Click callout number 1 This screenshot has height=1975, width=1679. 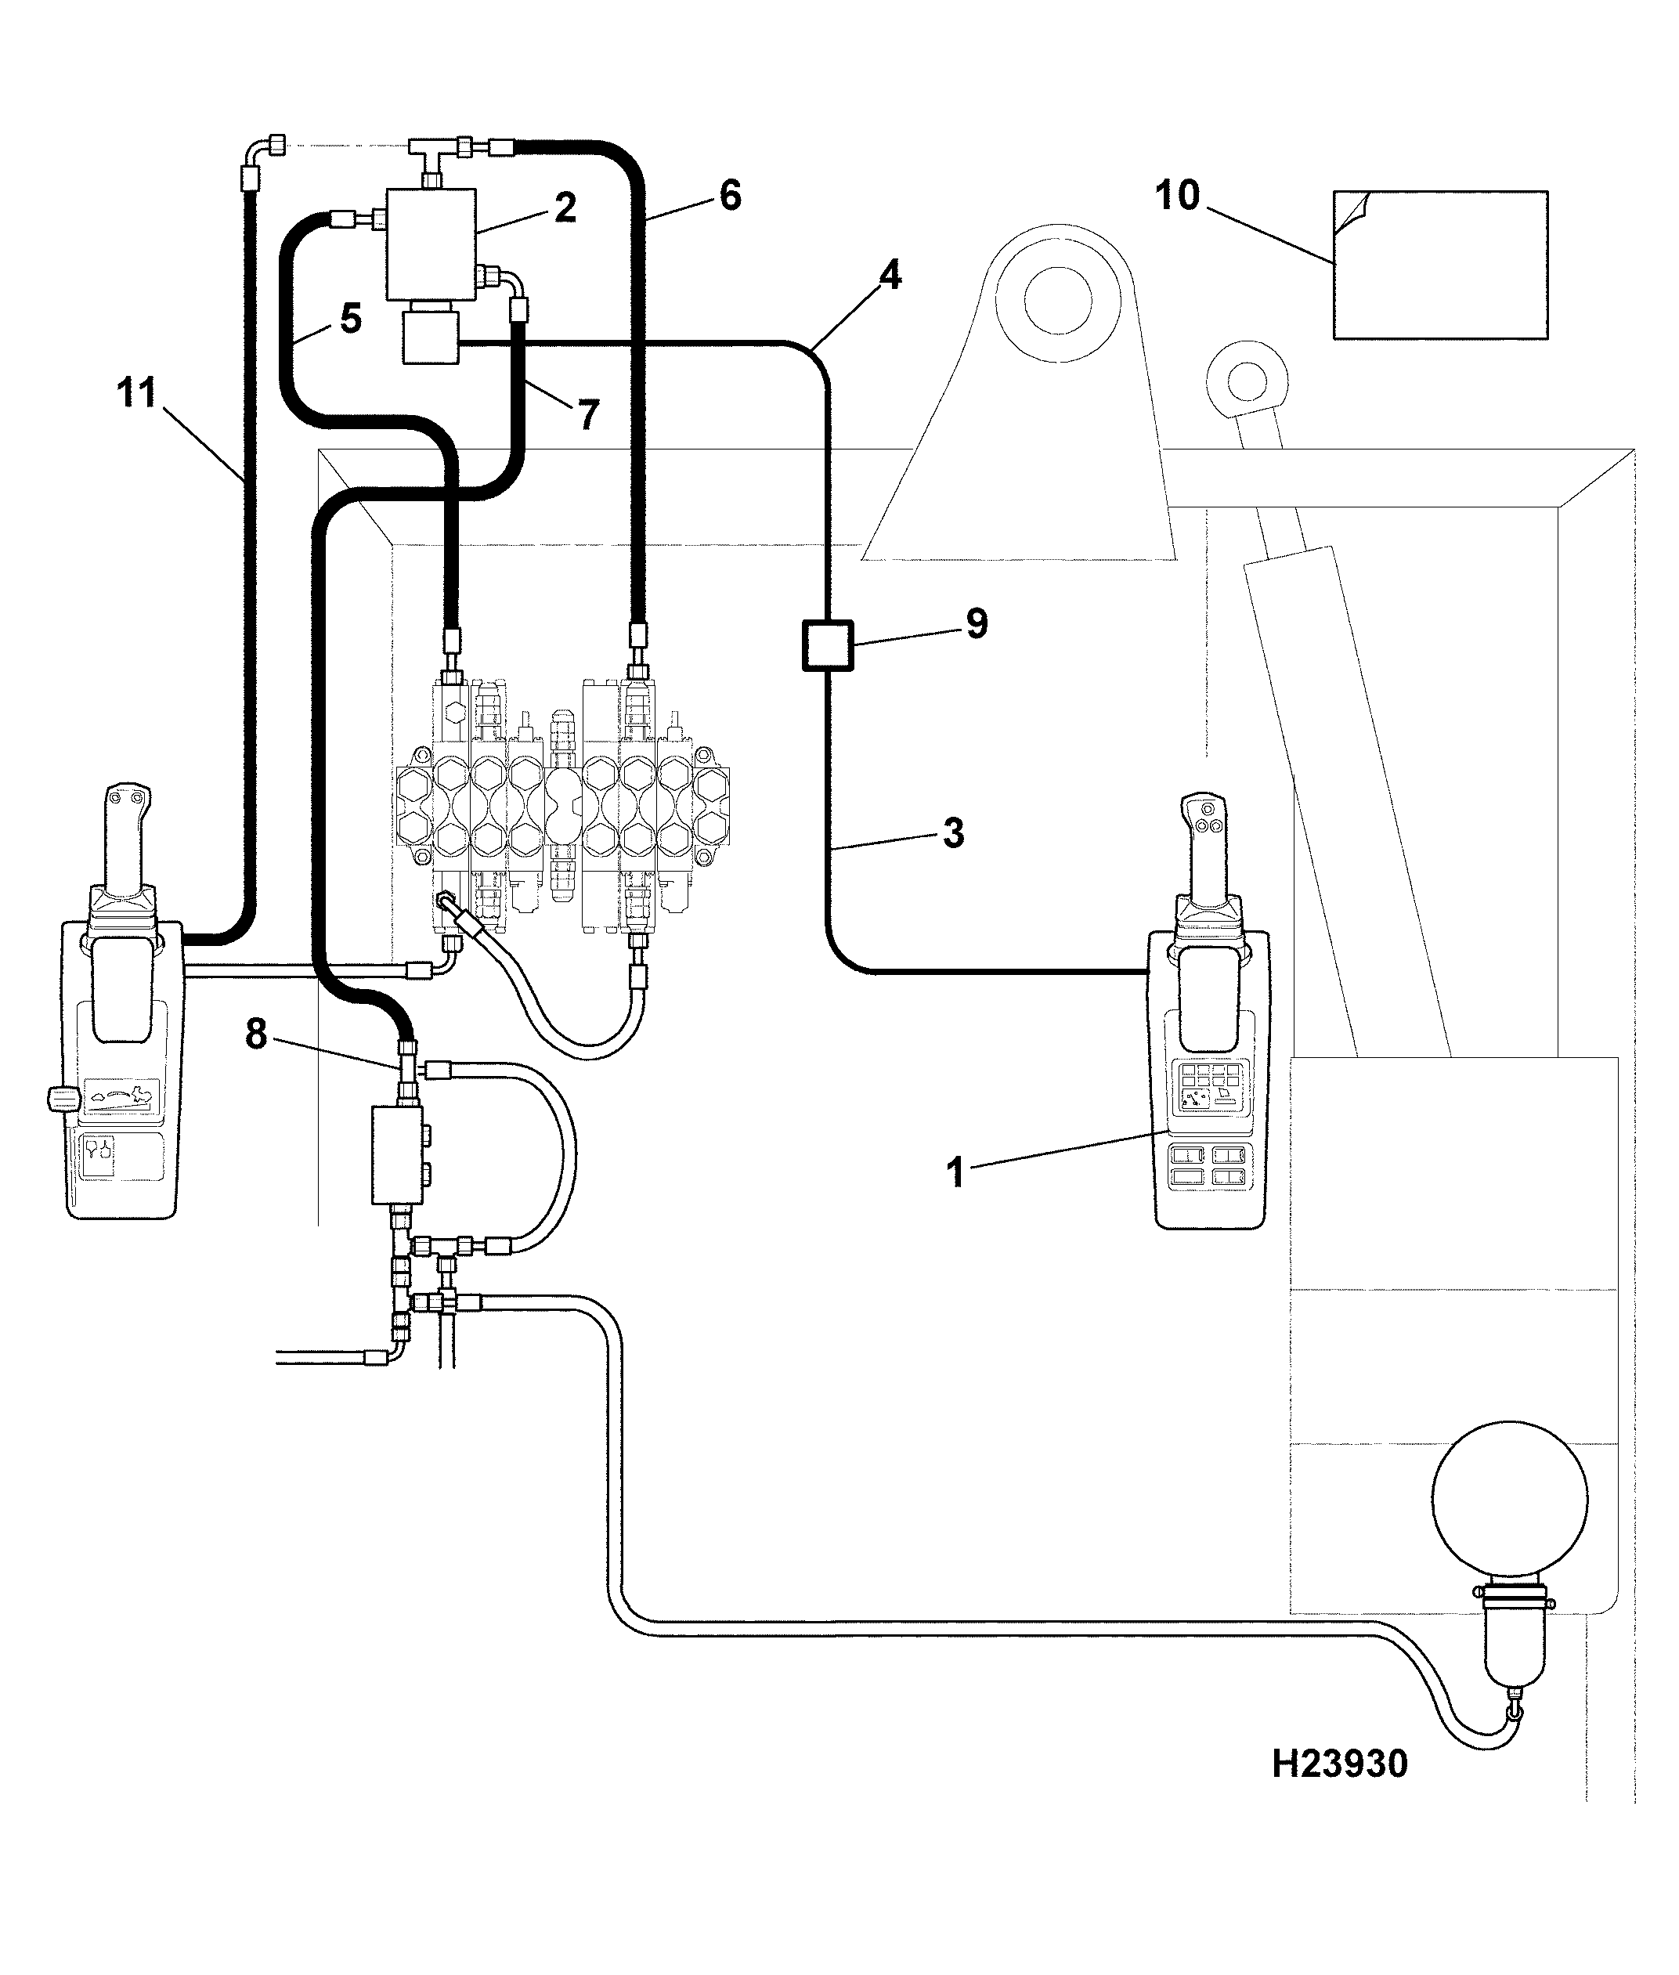[955, 1172]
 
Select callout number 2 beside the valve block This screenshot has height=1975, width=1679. [565, 208]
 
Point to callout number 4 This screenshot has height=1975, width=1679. [889, 275]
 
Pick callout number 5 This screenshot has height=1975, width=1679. [351, 319]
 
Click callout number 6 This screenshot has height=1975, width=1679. [729, 195]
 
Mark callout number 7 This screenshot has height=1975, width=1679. [589, 414]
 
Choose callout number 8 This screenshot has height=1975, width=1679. [256, 1034]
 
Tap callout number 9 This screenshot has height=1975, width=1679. [977, 624]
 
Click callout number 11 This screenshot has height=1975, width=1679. [136, 392]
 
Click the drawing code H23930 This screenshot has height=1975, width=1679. [1339, 1764]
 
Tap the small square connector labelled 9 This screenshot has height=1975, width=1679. [828, 645]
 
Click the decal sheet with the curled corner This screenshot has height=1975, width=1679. [1440, 265]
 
